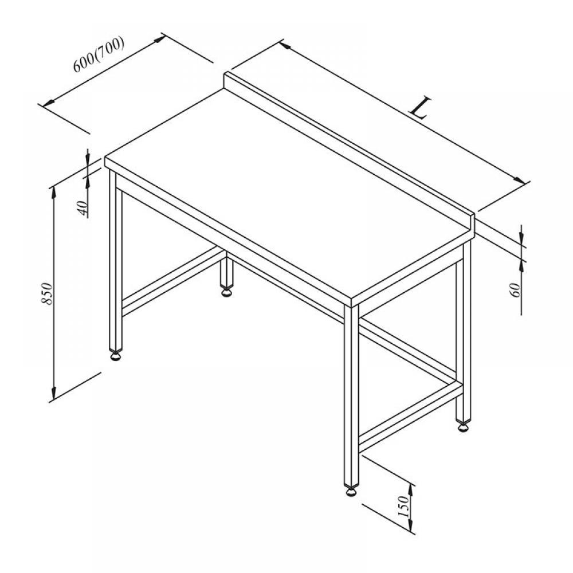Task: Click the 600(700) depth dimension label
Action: (x=99, y=54)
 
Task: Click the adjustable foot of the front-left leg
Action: (x=116, y=356)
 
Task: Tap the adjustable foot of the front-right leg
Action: (x=351, y=491)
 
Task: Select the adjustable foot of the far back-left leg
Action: (x=226, y=292)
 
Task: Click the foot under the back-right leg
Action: (x=463, y=426)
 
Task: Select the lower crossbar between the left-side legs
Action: (x=173, y=282)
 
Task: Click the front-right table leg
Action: (x=351, y=395)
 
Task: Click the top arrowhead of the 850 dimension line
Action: (x=54, y=191)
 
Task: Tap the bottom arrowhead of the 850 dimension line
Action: (x=54, y=395)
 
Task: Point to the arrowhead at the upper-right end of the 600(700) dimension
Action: (x=159, y=39)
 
